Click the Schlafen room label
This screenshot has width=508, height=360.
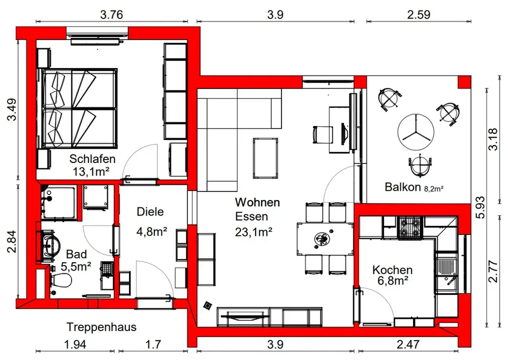[92, 159]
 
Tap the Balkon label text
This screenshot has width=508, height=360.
[403, 187]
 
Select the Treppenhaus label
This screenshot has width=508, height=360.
[102, 327]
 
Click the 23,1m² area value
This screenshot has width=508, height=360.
[253, 232]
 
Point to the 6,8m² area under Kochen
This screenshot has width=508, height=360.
[392, 281]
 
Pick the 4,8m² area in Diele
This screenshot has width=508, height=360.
[151, 232]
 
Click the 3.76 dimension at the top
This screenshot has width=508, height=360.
[111, 15]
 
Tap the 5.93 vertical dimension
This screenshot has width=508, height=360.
[481, 207]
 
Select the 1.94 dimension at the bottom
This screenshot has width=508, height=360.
[75, 344]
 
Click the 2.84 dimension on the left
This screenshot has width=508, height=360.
[12, 241]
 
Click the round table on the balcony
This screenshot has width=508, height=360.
[416, 132]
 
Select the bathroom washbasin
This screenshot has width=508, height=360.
[49, 245]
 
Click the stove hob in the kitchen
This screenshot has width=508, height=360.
[410, 228]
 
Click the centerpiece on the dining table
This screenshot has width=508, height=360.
[322, 239]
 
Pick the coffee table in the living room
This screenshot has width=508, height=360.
[266, 158]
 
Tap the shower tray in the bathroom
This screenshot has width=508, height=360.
[58, 202]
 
